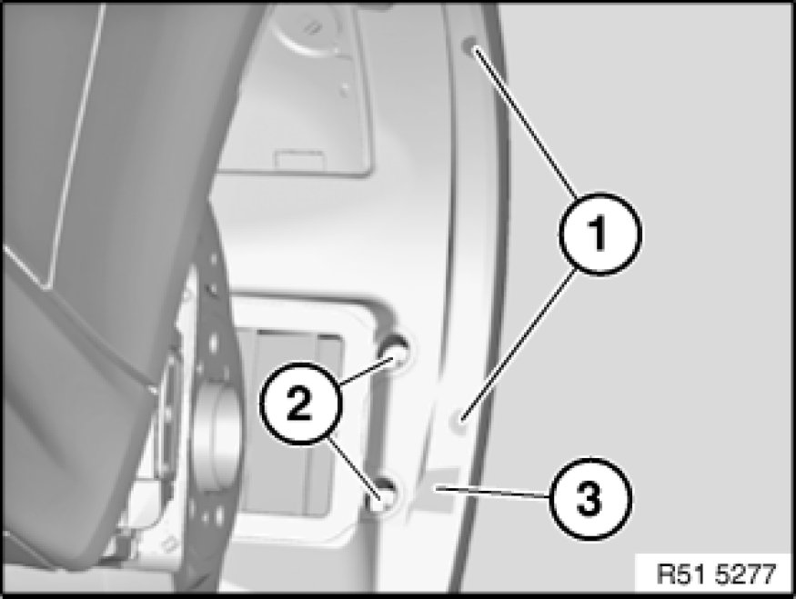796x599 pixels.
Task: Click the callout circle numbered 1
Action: tap(600, 234)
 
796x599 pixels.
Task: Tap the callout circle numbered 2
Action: tap(300, 404)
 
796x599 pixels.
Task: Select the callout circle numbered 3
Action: tap(590, 499)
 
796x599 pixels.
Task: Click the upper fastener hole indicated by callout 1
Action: tap(469, 45)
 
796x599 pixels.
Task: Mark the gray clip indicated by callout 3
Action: tap(440, 489)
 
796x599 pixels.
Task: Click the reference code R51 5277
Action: tap(716, 574)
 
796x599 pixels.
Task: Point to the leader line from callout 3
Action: tap(491, 492)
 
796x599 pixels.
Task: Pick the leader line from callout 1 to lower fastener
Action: tap(519, 344)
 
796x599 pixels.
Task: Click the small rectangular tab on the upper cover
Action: tap(299, 159)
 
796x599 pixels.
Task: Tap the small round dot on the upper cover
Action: tap(345, 90)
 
